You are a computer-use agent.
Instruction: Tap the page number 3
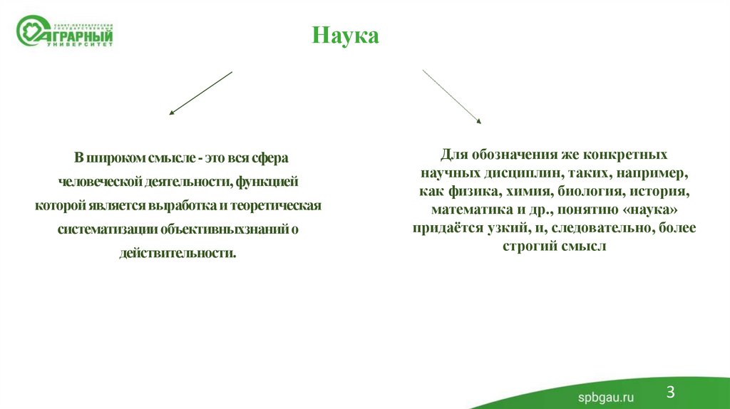pyautogui.click(x=670, y=391)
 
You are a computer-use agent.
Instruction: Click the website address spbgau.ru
pyautogui.click(x=605, y=397)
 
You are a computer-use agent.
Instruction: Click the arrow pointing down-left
pyautogui.click(x=200, y=93)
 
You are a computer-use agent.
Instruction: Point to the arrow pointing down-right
pyautogui.click(x=452, y=96)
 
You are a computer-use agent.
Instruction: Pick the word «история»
pyautogui.click(x=660, y=192)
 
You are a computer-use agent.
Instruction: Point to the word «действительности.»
pyautogui.click(x=178, y=253)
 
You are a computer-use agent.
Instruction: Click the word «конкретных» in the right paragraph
pyautogui.click(x=625, y=155)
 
